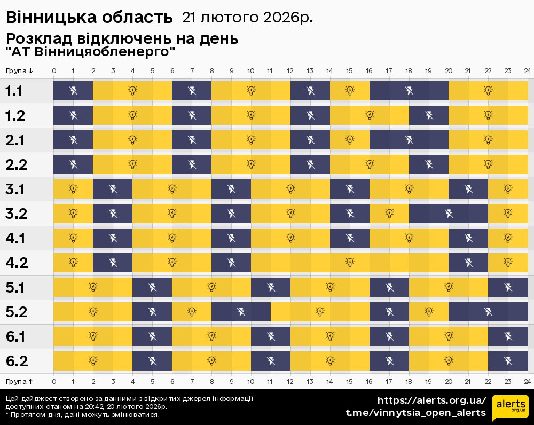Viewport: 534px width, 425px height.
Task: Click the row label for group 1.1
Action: point(14,91)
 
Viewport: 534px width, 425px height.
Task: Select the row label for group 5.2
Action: point(17,312)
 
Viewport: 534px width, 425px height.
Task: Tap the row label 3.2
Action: point(17,214)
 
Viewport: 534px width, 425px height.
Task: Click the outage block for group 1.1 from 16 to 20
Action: point(409,91)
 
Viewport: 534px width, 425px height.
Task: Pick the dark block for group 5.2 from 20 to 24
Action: point(488,311)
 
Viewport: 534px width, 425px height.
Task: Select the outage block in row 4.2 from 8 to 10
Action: point(231,262)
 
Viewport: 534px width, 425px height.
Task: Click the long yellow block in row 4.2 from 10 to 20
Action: point(350,262)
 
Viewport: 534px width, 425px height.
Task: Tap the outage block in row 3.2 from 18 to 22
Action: point(449,214)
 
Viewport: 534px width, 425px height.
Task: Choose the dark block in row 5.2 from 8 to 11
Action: point(241,311)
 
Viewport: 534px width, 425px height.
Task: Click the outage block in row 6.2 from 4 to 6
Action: point(152,360)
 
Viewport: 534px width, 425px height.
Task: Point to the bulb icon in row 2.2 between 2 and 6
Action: point(132,164)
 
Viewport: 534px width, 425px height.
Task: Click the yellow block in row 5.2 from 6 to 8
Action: point(192,311)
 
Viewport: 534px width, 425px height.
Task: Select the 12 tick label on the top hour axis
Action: point(290,70)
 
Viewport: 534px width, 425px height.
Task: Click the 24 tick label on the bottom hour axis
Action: point(527,381)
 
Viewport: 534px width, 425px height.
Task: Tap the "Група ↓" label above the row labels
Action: point(20,70)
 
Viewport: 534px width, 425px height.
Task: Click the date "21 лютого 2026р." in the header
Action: point(247,18)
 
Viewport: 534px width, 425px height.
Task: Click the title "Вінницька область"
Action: point(89,18)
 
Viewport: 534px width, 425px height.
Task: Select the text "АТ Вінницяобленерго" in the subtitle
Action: point(91,52)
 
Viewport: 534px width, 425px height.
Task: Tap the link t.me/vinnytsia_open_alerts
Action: point(416,413)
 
